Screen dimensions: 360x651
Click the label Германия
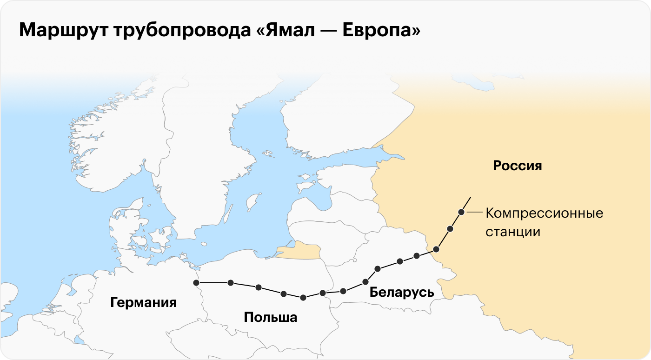(x=143, y=303)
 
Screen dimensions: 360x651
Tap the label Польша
(x=270, y=318)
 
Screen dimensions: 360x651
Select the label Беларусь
(x=401, y=293)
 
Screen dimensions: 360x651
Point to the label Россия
(x=518, y=166)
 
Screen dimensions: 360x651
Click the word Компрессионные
(x=544, y=213)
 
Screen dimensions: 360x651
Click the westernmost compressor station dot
(x=196, y=282)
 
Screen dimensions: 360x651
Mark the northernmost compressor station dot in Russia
(x=461, y=212)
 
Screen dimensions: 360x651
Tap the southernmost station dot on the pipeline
(x=303, y=298)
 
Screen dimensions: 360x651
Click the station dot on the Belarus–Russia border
(x=436, y=249)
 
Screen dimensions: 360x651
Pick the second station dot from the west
(x=231, y=282)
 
